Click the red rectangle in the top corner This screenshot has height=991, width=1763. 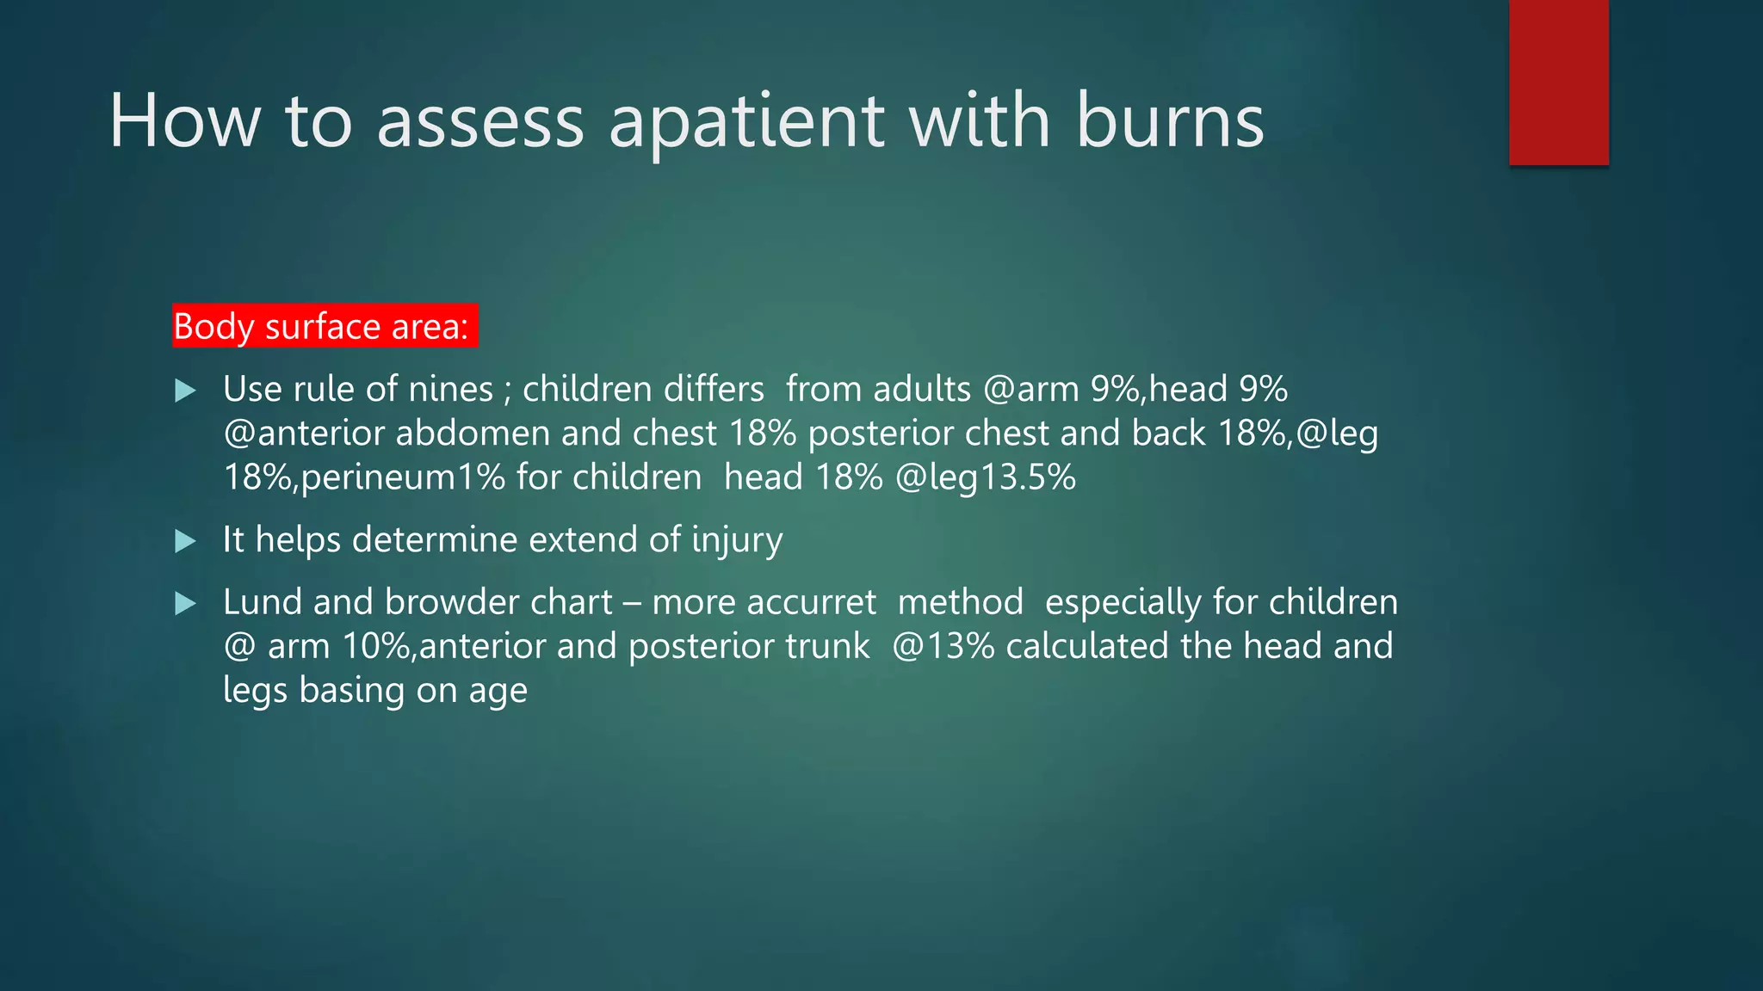(x=1558, y=83)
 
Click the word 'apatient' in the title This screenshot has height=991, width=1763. (x=746, y=122)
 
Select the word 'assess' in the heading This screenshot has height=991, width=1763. (x=480, y=122)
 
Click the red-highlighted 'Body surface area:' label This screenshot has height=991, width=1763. (x=325, y=327)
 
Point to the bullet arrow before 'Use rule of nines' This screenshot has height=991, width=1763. (x=185, y=391)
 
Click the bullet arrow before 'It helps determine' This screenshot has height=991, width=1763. (x=185, y=541)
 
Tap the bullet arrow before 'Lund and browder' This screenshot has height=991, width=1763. (x=185, y=603)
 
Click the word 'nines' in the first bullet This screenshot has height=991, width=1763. (x=450, y=390)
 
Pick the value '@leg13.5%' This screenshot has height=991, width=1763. (x=986, y=477)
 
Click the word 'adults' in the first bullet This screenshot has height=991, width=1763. (x=922, y=390)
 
